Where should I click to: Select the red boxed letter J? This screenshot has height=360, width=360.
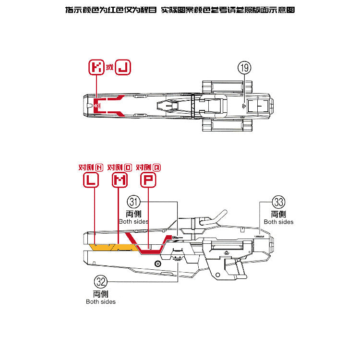point(123,68)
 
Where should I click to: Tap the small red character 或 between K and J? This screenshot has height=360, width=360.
point(110,68)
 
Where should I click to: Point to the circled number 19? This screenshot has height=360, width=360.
point(244,68)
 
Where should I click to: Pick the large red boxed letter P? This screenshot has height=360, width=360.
point(148,180)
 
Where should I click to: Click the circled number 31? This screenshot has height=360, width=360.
point(134,202)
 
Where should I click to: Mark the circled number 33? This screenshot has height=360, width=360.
point(278,202)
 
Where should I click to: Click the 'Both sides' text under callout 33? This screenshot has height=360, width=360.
point(278,222)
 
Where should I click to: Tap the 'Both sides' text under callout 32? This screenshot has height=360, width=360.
point(101,301)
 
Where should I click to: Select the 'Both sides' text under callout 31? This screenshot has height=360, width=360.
point(133,222)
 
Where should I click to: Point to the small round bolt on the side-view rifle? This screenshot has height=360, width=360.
point(157,264)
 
